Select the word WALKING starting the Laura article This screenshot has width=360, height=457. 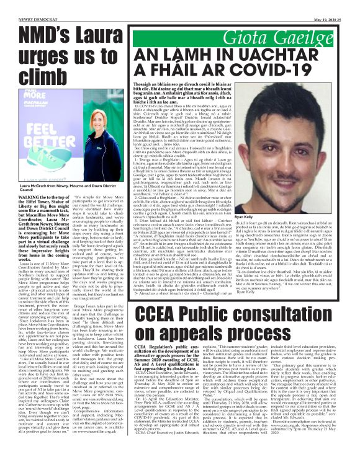16,216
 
